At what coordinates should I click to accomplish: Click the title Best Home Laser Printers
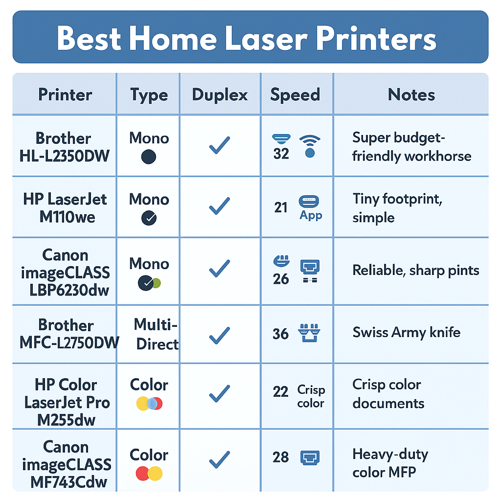coord(247,39)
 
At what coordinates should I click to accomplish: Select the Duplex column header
coord(220,94)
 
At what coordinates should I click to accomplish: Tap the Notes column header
coord(411,94)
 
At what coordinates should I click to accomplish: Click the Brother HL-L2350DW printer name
coord(65,147)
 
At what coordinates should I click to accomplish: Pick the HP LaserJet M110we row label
coord(65,207)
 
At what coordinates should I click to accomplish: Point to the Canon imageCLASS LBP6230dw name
coord(65,272)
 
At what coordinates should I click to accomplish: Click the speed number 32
coord(281,154)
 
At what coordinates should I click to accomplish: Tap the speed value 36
coord(280,334)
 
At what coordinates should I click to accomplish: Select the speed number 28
coord(281,457)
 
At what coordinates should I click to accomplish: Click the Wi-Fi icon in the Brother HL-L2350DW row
coord(309,146)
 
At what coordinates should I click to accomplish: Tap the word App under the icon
coord(311,215)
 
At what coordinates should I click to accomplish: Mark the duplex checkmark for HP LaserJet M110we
coord(220,206)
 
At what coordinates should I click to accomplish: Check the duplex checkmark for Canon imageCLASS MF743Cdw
coord(220,459)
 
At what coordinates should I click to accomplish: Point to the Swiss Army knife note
coord(407,333)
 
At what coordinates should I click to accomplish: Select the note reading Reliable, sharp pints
coord(416,271)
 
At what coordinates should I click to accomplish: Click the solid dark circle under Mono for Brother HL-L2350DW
coord(148,157)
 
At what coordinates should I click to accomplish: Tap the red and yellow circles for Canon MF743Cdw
coord(149,473)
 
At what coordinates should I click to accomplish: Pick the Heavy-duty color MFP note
coord(390,463)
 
